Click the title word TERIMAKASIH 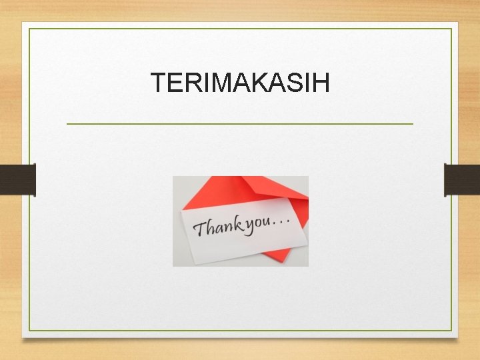click(240, 83)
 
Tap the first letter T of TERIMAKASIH click(158, 83)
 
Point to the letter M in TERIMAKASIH click(219, 83)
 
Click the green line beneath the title click(240, 123)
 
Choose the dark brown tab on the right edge click(461, 179)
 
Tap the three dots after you click(282, 220)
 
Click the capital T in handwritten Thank click(199, 230)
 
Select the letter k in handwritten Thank click(237, 225)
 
